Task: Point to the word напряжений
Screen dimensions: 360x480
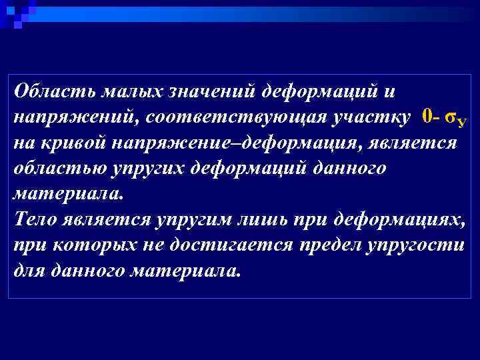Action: coord(66,117)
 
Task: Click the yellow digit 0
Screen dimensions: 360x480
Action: coord(427,117)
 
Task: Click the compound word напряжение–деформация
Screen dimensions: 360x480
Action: coord(243,143)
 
